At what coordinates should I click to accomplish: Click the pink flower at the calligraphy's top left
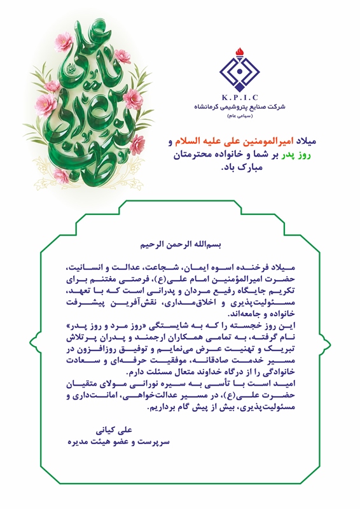64,43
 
